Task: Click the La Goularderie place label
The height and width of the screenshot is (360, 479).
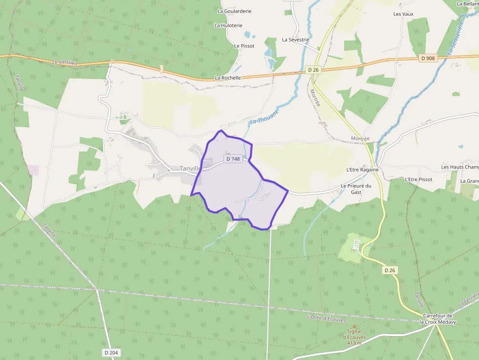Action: click(234, 11)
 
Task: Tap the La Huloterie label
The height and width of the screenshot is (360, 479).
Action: click(228, 25)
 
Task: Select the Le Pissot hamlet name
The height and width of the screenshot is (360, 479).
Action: click(244, 46)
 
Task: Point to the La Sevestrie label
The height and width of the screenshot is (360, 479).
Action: click(296, 40)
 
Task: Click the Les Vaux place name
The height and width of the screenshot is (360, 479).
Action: click(403, 14)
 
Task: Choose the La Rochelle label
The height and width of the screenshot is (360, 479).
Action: click(228, 78)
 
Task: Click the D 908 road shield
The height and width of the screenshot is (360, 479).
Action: click(427, 58)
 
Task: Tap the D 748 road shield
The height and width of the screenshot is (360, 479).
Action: click(233, 159)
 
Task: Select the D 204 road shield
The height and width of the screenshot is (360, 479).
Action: click(111, 352)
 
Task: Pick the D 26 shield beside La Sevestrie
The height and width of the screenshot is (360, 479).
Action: click(313, 70)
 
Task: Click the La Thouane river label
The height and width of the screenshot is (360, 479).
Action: click(264, 117)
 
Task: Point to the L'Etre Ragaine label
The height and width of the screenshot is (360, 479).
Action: click(362, 169)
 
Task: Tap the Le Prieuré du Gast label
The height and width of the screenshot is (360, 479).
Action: click(356, 189)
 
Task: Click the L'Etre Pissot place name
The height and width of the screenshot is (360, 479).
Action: click(418, 179)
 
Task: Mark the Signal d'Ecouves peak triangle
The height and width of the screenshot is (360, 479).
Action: click(354, 326)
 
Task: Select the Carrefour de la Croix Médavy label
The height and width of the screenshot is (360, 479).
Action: click(437, 318)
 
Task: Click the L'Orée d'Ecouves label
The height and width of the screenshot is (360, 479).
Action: click(326, 318)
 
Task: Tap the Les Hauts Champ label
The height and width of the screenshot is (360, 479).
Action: click(459, 167)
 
